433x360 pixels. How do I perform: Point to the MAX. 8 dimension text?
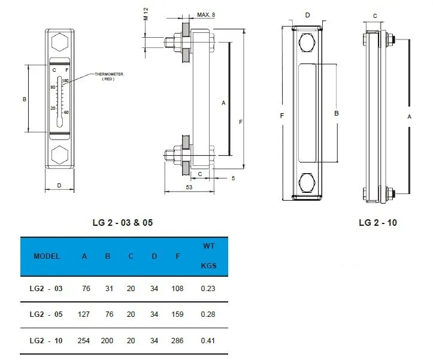click(x=207, y=13)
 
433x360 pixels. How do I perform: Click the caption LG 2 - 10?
click(x=377, y=223)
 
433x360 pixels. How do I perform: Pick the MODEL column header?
click(x=47, y=256)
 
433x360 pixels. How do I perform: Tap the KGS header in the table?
click(x=208, y=265)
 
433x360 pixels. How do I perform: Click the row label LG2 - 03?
click(x=46, y=288)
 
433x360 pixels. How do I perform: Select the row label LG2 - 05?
click(x=46, y=314)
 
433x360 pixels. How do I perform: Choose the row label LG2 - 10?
click(x=46, y=340)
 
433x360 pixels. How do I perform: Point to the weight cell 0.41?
click(x=208, y=340)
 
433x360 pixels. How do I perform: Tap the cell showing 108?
click(x=178, y=288)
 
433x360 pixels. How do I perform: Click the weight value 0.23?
click(x=208, y=288)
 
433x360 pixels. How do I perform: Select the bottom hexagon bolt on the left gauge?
click(x=60, y=156)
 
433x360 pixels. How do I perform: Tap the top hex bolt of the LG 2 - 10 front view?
click(x=307, y=44)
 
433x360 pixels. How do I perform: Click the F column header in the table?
click(x=178, y=256)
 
